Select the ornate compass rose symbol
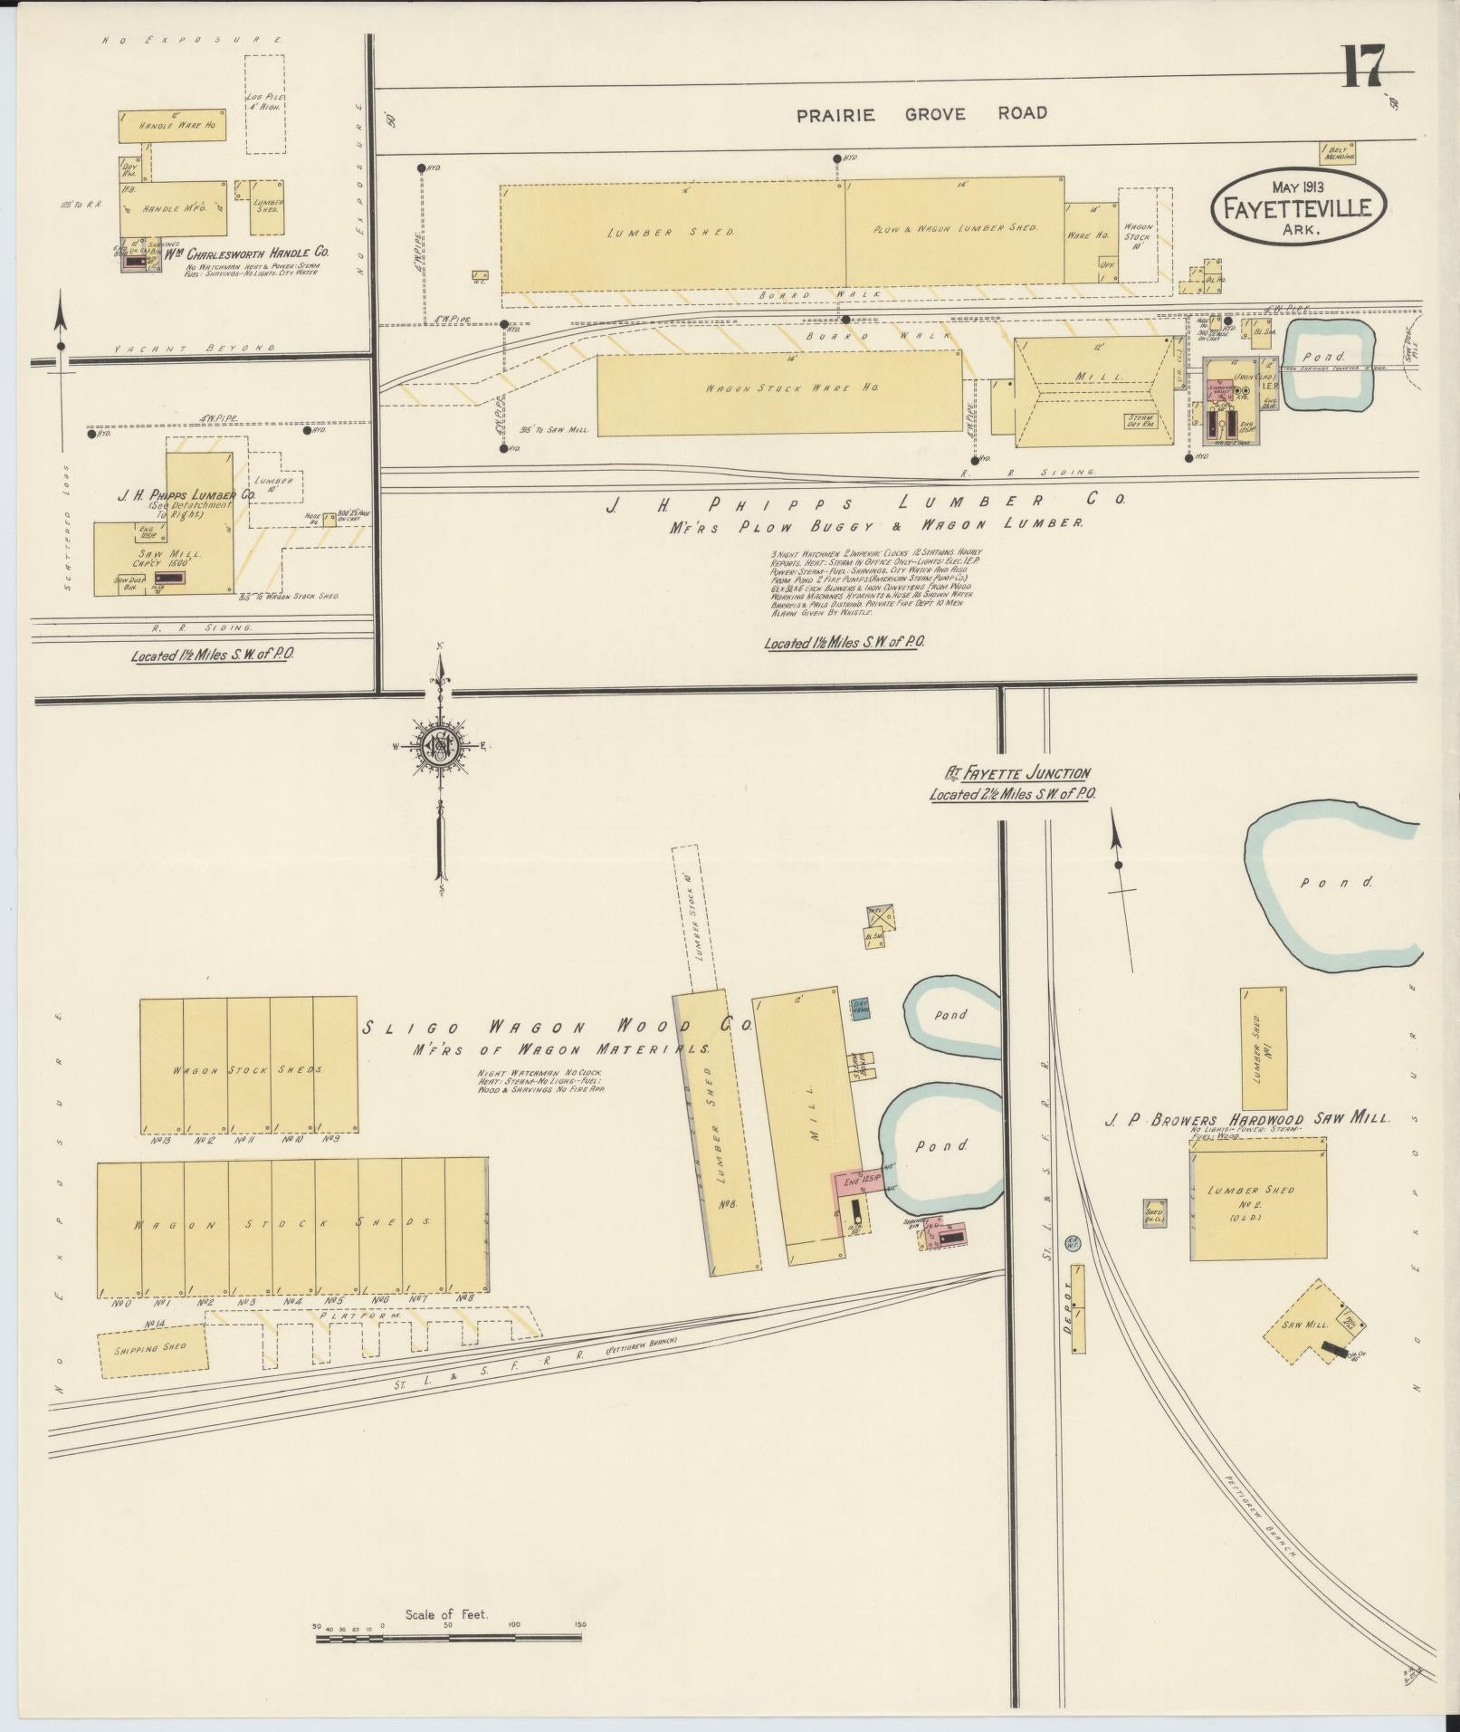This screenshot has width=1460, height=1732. coord(441,744)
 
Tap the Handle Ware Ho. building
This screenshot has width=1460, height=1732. coord(171,127)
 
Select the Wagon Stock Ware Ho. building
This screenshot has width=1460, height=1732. coord(778,392)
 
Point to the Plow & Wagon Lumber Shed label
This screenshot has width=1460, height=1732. coord(954,229)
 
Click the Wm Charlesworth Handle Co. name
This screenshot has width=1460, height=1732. coord(245,253)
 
